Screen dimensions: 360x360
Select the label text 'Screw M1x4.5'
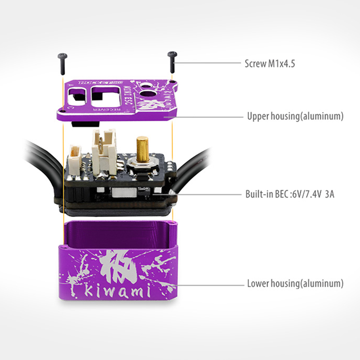(x=270, y=64)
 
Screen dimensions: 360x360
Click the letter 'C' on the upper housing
(x=69, y=107)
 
